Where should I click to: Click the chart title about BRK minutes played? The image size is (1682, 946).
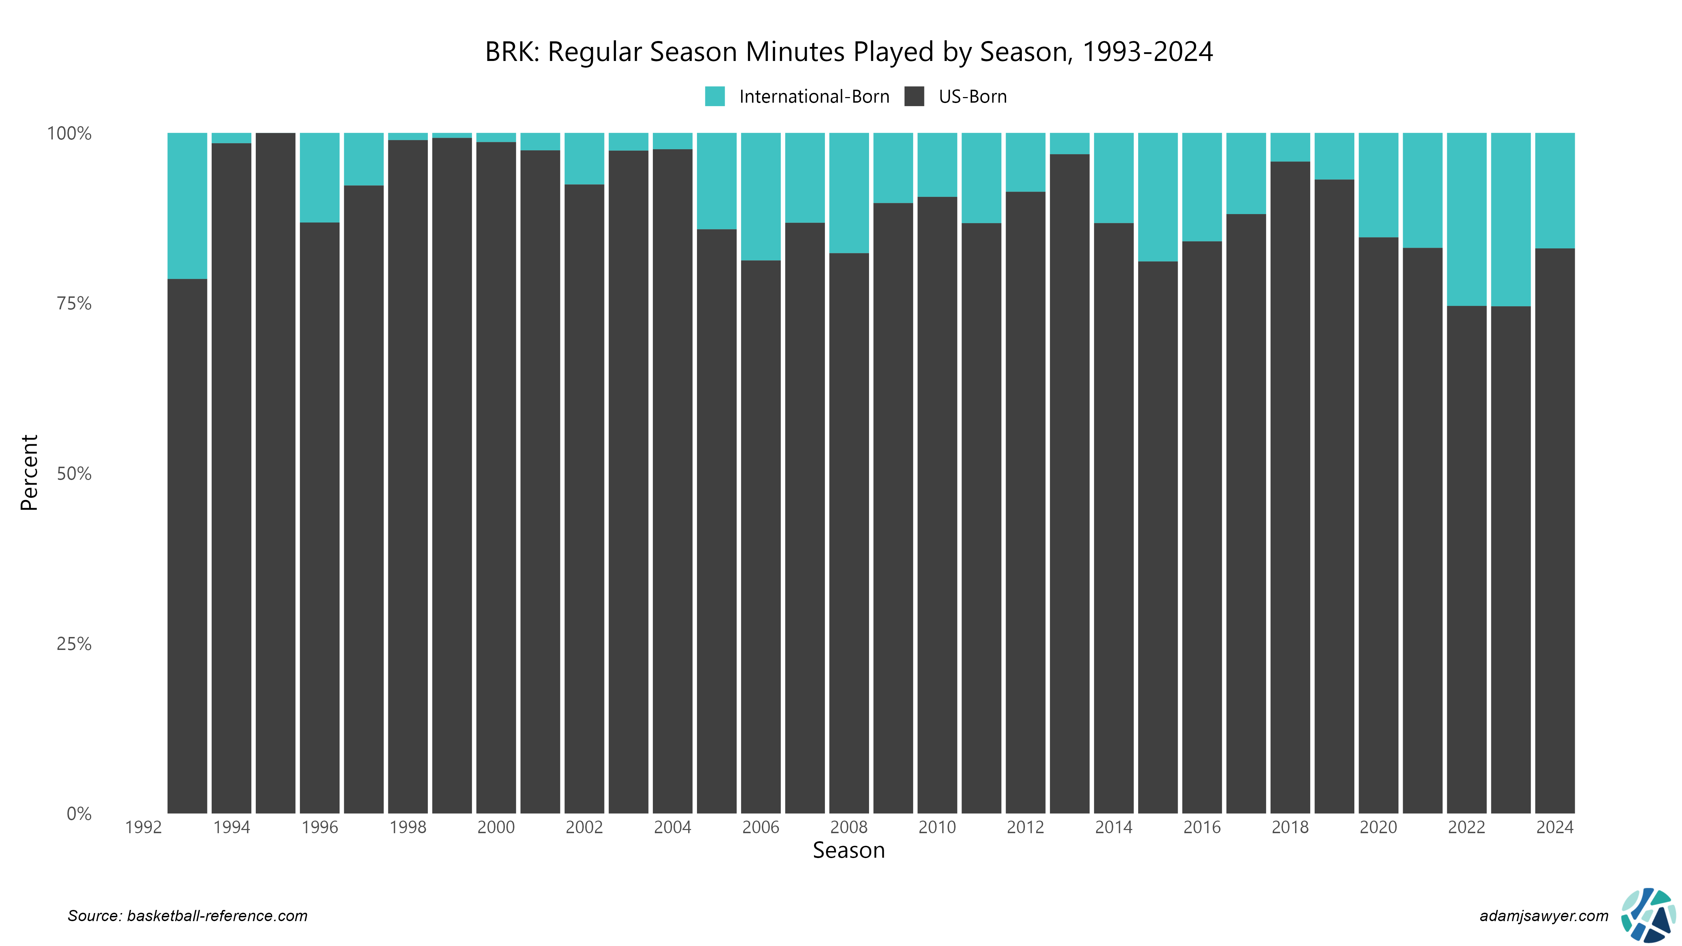(x=848, y=52)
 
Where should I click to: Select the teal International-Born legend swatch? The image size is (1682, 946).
(x=714, y=97)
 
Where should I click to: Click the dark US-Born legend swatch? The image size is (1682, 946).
(x=914, y=97)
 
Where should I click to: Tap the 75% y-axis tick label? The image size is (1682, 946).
(x=74, y=303)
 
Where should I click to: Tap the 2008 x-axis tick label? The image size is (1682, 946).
(x=849, y=827)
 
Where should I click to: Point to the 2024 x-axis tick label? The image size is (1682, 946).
(x=1555, y=827)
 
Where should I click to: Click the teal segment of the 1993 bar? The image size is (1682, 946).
(x=187, y=206)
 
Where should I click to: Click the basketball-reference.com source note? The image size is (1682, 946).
(x=187, y=916)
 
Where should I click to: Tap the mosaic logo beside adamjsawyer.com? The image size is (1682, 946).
(x=1648, y=915)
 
